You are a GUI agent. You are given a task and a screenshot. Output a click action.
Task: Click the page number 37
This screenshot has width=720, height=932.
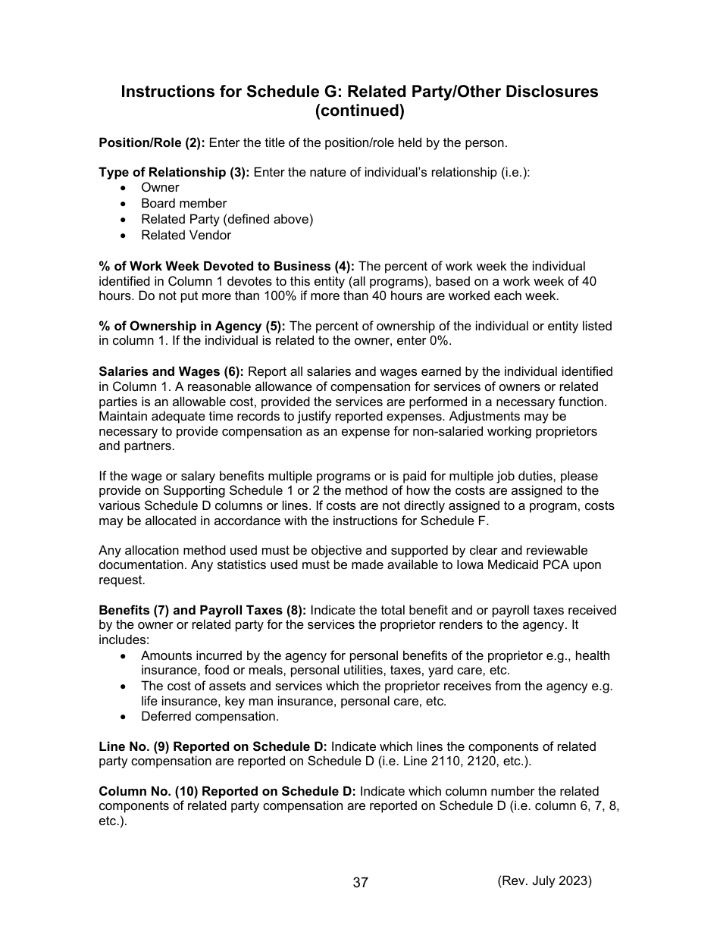pyautogui.click(x=360, y=883)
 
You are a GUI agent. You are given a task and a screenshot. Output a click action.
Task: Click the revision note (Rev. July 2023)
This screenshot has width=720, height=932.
pyautogui.click(x=544, y=880)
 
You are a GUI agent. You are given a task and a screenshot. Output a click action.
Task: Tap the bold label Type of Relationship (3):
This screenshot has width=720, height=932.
pyautogui.click(x=174, y=173)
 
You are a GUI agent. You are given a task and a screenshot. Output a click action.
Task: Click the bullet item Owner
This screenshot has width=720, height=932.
pyautogui.click(x=160, y=188)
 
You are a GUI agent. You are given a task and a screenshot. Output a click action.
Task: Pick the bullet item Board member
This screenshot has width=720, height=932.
pyautogui.click(x=183, y=204)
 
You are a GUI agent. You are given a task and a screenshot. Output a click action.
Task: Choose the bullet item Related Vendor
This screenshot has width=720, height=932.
pyautogui.click(x=186, y=236)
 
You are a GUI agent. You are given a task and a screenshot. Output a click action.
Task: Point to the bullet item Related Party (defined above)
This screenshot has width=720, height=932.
pyautogui.click(x=227, y=220)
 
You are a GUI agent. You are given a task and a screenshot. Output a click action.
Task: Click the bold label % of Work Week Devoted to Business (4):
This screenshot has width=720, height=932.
pyautogui.click(x=227, y=267)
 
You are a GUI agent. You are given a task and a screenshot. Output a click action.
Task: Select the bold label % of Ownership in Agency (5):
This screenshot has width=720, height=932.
pyautogui.click(x=192, y=327)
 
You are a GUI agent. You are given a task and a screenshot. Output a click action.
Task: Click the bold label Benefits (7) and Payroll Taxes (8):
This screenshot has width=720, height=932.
pyautogui.click(x=202, y=611)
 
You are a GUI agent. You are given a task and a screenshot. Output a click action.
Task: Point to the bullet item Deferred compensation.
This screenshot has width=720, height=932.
pyautogui.click(x=210, y=717)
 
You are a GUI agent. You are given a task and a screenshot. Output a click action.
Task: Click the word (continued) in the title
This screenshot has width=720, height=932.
pyautogui.click(x=359, y=111)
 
